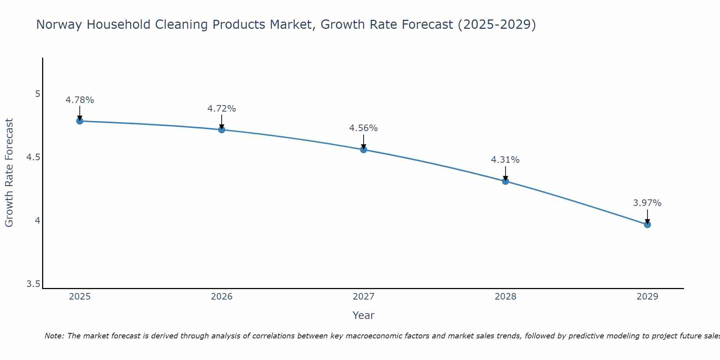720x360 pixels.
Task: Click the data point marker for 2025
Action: point(80,121)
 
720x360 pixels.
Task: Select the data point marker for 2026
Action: point(222,130)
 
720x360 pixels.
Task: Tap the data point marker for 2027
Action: point(364,150)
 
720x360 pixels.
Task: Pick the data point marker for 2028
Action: point(505,181)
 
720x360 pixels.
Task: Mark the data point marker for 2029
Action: point(647,225)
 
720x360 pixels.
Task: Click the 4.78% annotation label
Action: point(80,100)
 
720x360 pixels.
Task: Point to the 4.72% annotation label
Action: point(222,109)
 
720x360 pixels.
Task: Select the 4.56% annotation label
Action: point(364,128)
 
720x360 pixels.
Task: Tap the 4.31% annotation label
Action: point(505,160)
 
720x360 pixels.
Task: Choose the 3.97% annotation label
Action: point(647,203)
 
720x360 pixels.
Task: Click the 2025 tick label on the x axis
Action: point(80,297)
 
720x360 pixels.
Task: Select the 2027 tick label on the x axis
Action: point(364,297)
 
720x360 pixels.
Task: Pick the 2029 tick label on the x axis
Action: point(647,297)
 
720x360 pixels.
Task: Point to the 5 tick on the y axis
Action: point(37,94)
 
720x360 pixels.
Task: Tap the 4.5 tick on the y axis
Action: point(33,157)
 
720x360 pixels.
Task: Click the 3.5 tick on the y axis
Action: point(33,284)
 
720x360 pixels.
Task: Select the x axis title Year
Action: point(364,316)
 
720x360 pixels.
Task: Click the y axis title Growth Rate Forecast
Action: point(9,173)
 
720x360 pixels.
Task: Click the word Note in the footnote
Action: point(54,336)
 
